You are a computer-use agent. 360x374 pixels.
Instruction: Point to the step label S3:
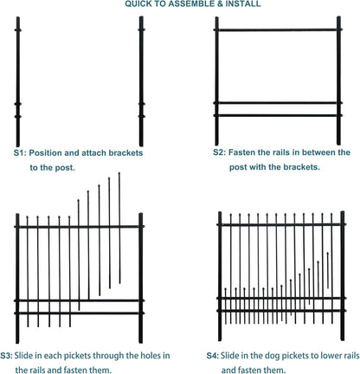(7, 355)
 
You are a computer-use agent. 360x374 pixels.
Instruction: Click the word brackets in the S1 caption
(125, 152)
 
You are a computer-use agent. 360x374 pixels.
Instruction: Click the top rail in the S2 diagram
(276, 31)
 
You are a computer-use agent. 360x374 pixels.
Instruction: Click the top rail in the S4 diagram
(276, 226)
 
